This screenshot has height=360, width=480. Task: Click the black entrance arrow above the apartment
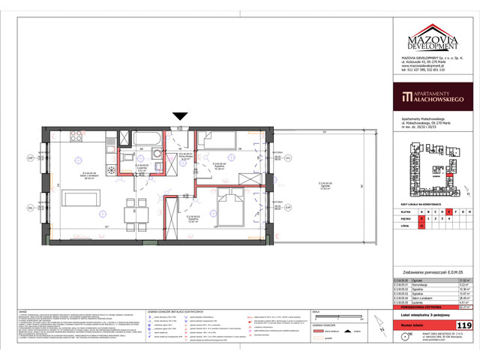[x=179, y=115]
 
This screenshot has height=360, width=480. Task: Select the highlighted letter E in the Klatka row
[x=448, y=211]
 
